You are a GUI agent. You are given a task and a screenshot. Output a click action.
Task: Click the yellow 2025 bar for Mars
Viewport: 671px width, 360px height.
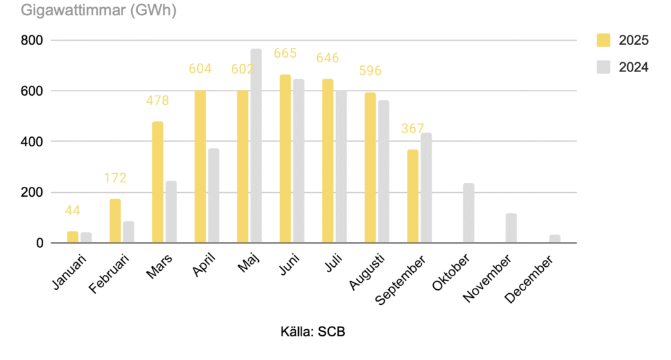157,182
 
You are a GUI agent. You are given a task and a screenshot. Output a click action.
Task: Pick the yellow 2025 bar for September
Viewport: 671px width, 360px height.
413,196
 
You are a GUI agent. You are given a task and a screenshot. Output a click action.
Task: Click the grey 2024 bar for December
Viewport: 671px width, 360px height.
554,239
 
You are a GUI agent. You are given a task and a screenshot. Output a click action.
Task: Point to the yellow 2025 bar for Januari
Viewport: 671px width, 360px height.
72,237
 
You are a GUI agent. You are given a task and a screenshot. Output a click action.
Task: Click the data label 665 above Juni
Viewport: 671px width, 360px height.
286,52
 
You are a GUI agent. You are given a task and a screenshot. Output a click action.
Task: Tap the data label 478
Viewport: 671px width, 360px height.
157,100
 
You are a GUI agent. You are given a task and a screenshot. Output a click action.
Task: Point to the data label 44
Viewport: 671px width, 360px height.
73,210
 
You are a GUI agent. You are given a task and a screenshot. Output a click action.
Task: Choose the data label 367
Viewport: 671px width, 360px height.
413,129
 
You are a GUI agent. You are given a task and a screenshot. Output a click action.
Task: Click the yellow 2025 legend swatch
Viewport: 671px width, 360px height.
604,40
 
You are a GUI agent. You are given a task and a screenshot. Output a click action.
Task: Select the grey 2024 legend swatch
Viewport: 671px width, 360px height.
604,66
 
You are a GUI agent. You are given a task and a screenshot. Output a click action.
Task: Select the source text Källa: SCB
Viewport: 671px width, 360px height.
313,332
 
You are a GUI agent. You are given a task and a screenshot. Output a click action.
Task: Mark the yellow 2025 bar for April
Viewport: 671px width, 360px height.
200,167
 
